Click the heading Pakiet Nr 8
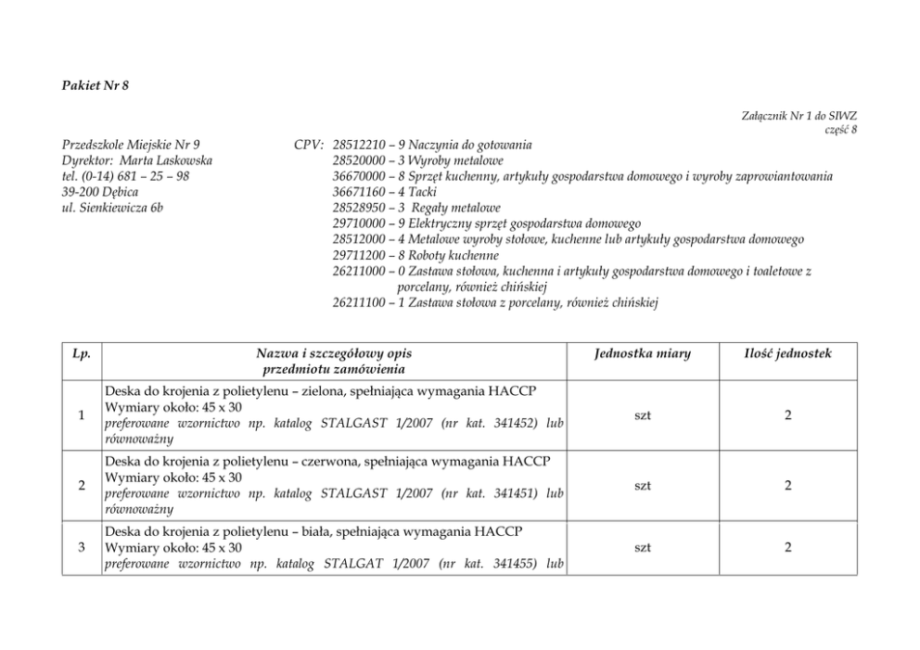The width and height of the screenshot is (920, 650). pyautogui.click(x=96, y=85)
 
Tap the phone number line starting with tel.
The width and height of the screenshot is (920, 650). pyautogui.click(x=125, y=176)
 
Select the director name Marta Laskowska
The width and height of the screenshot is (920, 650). pyautogui.click(x=167, y=160)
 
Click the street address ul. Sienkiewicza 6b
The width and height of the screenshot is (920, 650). pyautogui.click(x=112, y=208)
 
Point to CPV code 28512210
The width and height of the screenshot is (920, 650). pyautogui.click(x=359, y=145)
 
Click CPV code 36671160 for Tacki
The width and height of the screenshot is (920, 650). pyautogui.click(x=359, y=192)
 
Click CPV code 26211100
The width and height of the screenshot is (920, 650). pyautogui.click(x=359, y=302)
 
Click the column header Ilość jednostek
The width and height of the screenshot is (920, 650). pyautogui.click(x=787, y=353)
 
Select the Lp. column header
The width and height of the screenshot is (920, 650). pyautogui.click(x=82, y=353)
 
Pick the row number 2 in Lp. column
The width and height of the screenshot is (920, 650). pyautogui.click(x=82, y=485)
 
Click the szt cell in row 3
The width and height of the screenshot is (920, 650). pyautogui.click(x=642, y=548)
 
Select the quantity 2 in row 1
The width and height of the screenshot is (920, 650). pyautogui.click(x=787, y=415)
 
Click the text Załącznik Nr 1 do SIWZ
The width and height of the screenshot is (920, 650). pyautogui.click(x=799, y=116)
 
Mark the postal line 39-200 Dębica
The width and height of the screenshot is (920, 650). pyautogui.click(x=100, y=192)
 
